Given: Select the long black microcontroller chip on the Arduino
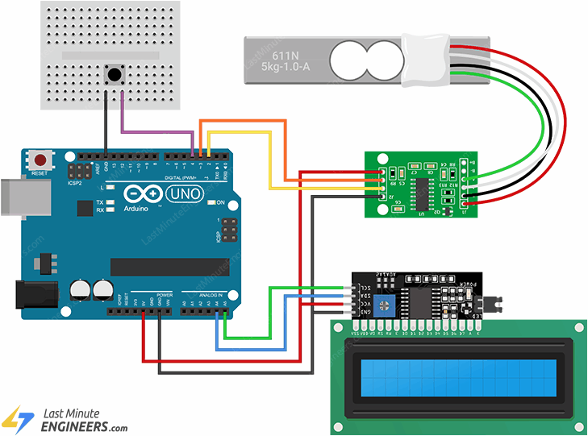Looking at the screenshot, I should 169,267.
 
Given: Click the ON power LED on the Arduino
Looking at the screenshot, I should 211,202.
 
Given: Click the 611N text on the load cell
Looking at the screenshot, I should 286,55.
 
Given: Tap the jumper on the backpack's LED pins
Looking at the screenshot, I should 489,304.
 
